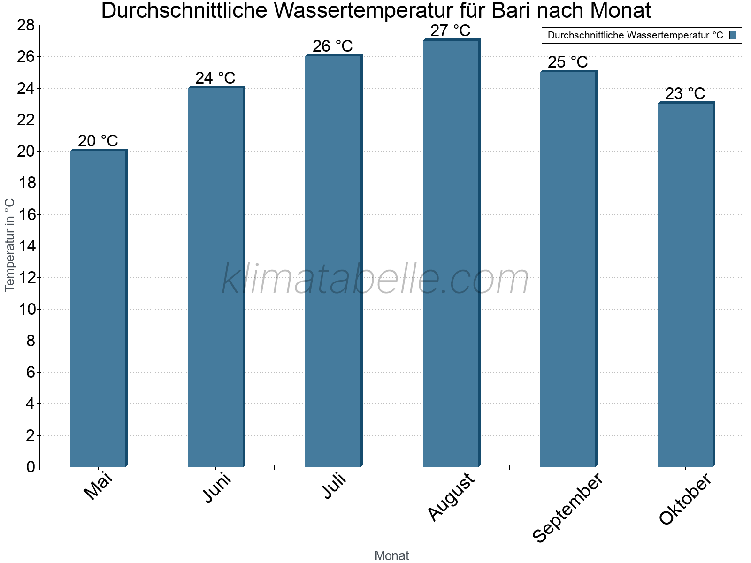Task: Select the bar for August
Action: pyautogui.click(x=451, y=253)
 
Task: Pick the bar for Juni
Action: pyautogui.click(x=216, y=277)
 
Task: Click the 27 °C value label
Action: pyautogui.click(x=451, y=31)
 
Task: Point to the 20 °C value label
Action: pyautogui.click(x=98, y=141)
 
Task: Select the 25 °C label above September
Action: pyautogui.click(x=568, y=62)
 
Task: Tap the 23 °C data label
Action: pyautogui.click(x=685, y=93)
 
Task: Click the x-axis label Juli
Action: pyautogui.click(x=334, y=487)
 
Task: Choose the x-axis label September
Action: pyautogui.click(x=567, y=508)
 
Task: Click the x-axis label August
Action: pyautogui.click(x=452, y=497)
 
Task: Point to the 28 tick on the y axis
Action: pyautogui.click(x=26, y=25)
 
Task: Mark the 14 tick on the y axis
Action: pyautogui.click(x=26, y=246)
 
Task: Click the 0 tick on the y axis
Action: pyautogui.click(x=31, y=467)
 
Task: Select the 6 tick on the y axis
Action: pyautogui.click(x=31, y=372)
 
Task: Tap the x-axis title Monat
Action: pyautogui.click(x=392, y=556)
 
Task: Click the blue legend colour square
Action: pyautogui.click(x=733, y=35)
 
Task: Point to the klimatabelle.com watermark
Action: pyautogui.click(x=375, y=279)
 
